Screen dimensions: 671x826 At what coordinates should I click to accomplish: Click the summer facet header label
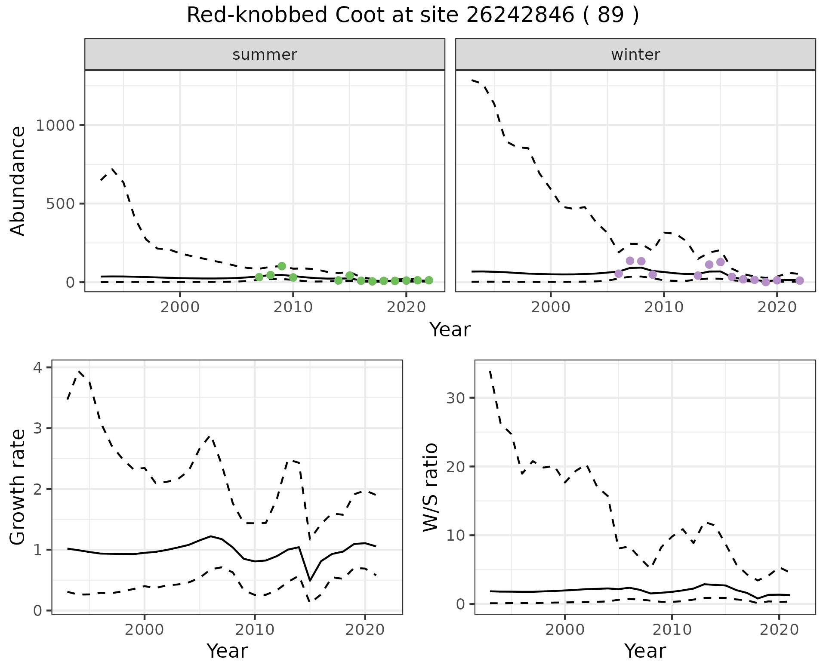[x=265, y=55]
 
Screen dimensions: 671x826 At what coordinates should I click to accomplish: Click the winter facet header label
[x=635, y=55]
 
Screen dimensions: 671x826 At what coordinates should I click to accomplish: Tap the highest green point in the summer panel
[x=282, y=266]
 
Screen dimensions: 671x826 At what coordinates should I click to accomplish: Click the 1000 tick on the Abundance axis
[x=55, y=126]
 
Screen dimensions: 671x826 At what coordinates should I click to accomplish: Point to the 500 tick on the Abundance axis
[x=60, y=204]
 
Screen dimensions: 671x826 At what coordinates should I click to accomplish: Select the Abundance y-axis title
[x=18, y=181]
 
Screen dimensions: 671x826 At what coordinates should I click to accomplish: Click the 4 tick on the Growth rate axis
[x=38, y=368]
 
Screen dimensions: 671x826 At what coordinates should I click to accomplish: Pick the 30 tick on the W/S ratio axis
[x=455, y=398]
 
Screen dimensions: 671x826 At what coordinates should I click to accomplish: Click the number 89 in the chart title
[x=610, y=16]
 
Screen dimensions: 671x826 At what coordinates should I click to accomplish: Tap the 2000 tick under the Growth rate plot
[x=145, y=630]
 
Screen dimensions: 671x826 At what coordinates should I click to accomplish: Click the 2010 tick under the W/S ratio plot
[x=672, y=630]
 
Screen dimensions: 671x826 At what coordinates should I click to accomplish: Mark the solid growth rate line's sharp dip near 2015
[x=310, y=581]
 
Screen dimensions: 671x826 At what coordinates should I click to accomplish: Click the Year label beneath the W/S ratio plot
[x=645, y=651]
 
